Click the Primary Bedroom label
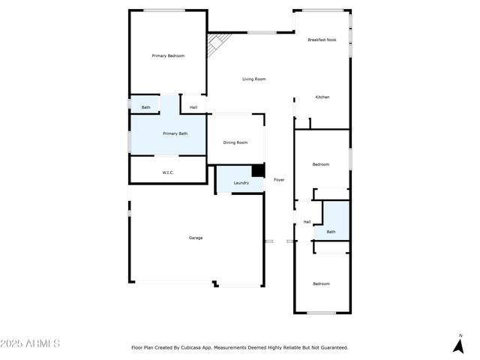[x=168, y=56]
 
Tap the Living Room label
[x=253, y=79]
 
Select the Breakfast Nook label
[x=321, y=39]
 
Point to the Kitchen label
[x=322, y=97]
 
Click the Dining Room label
[x=235, y=142]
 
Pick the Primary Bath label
[x=175, y=133]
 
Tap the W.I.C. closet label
[x=168, y=173]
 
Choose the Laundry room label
[x=241, y=183]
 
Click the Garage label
[x=196, y=238]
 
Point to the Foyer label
[x=278, y=180]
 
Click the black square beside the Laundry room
[x=258, y=171]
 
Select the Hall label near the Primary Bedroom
[x=193, y=107]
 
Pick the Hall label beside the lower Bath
[x=307, y=222]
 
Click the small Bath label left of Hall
[x=145, y=107]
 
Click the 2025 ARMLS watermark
[x=30, y=343]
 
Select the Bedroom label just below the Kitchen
[x=321, y=164]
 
